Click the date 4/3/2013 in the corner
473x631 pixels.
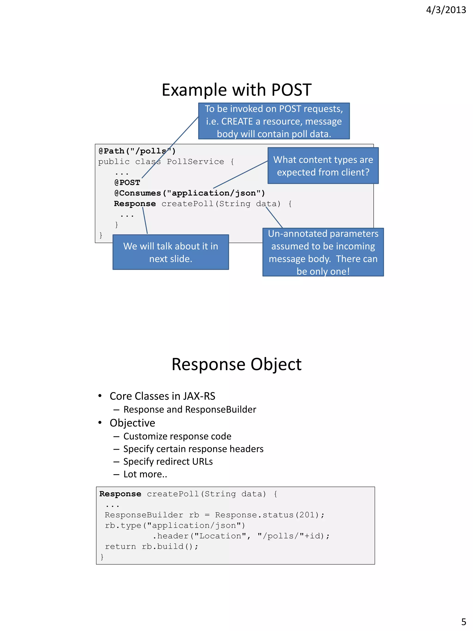(446, 10)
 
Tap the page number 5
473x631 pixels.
(464, 622)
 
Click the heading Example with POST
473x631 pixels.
(236, 90)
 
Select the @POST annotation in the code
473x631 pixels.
(127, 183)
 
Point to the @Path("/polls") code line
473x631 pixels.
(137, 151)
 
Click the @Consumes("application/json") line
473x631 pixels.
(189, 193)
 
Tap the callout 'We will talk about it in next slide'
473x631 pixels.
(170, 252)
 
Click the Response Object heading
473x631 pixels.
(236, 364)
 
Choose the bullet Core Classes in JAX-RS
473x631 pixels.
(162, 396)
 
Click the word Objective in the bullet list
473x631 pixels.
(132, 423)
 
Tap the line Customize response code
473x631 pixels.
(177, 436)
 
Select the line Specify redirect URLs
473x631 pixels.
(168, 461)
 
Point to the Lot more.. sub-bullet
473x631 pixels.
(145, 474)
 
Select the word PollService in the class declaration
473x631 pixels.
(195, 162)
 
